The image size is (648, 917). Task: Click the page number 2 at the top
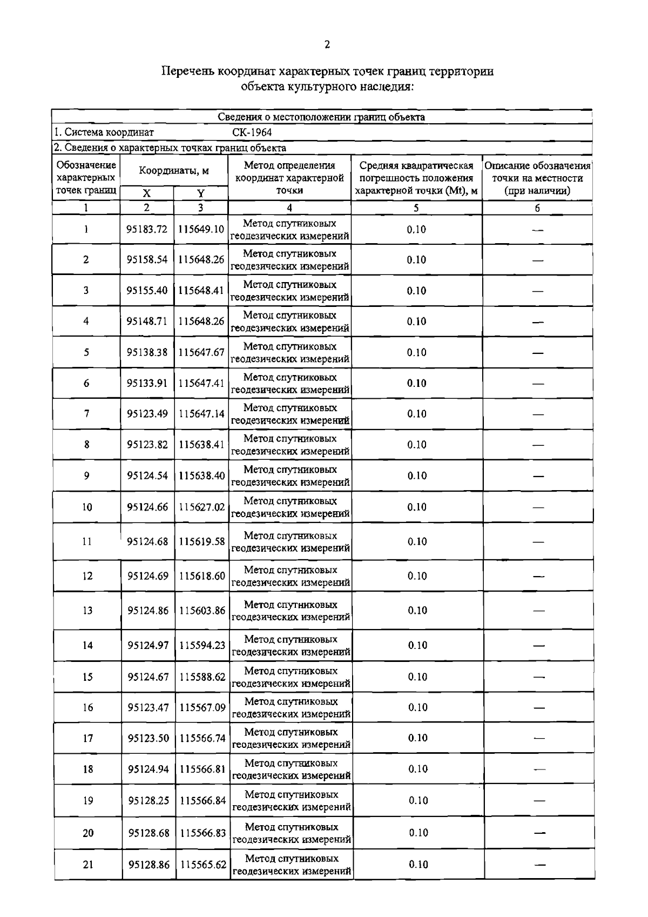click(x=327, y=45)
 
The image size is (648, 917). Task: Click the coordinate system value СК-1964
click(x=252, y=132)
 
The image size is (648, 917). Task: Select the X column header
click(x=147, y=193)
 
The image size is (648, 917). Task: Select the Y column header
click(x=200, y=193)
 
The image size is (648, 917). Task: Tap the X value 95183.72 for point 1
click(x=147, y=229)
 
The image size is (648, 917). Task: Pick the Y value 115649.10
click(x=201, y=229)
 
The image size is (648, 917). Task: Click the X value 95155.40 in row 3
click(x=147, y=291)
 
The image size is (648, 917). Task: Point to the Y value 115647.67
click(x=201, y=352)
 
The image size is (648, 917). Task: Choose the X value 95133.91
click(x=147, y=383)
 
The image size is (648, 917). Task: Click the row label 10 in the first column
click(x=87, y=507)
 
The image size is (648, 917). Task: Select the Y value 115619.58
click(x=201, y=541)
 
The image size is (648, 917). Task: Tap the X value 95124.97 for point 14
click(x=148, y=645)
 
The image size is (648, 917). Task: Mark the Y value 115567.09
click(x=202, y=707)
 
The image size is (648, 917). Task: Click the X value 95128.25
click(x=148, y=800)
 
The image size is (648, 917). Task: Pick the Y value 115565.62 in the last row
click(x=203, y=865)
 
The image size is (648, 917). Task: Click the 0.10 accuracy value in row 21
click(x=418, y=865)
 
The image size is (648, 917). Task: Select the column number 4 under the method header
click(x=289, y=208)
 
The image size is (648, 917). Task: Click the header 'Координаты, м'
click(x=174, y=171)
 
